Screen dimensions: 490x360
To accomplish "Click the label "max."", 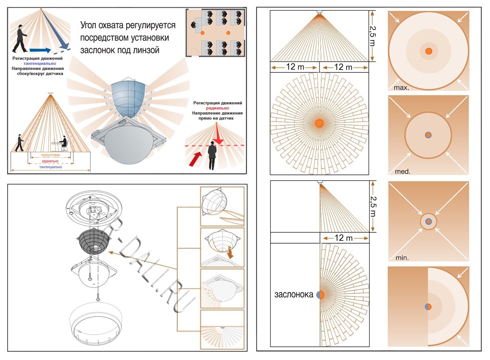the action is coord(401,88).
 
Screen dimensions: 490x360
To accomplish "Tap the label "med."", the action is coord(403,171).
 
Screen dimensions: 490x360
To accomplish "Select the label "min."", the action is coord(402,258).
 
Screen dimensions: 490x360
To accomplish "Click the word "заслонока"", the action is coord(294,295).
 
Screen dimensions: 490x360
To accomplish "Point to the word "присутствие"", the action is coord(51,155).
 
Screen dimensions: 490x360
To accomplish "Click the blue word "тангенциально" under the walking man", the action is coord(40,64).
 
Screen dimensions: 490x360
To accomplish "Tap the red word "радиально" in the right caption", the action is coord(217,108).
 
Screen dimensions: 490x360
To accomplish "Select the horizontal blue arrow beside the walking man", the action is coord(40,50).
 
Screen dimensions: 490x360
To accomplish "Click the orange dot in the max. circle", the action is coord(429,51).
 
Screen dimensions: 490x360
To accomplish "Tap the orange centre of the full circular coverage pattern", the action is coord(319,123).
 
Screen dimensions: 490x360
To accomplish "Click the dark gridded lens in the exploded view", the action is coord(93,241).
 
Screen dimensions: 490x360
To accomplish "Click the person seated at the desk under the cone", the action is coord(64,143).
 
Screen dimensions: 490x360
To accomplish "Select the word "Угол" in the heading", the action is coord(88,25).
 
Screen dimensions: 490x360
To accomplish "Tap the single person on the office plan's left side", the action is coord(194,25).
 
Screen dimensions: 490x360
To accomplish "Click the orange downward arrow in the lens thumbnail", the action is coord(230,252).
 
